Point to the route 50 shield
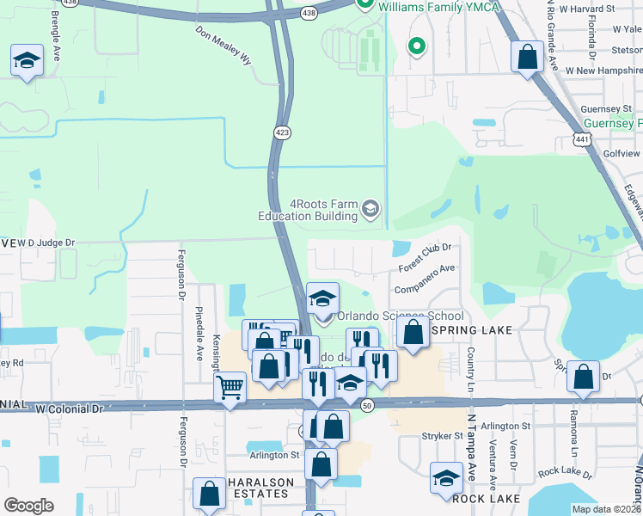pos(367,405)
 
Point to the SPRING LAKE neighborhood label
pos(476,330)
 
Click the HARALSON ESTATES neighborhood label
pos(261,488)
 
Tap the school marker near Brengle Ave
pos(27,61)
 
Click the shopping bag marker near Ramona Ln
pos(584,377)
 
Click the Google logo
pos(28,506)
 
